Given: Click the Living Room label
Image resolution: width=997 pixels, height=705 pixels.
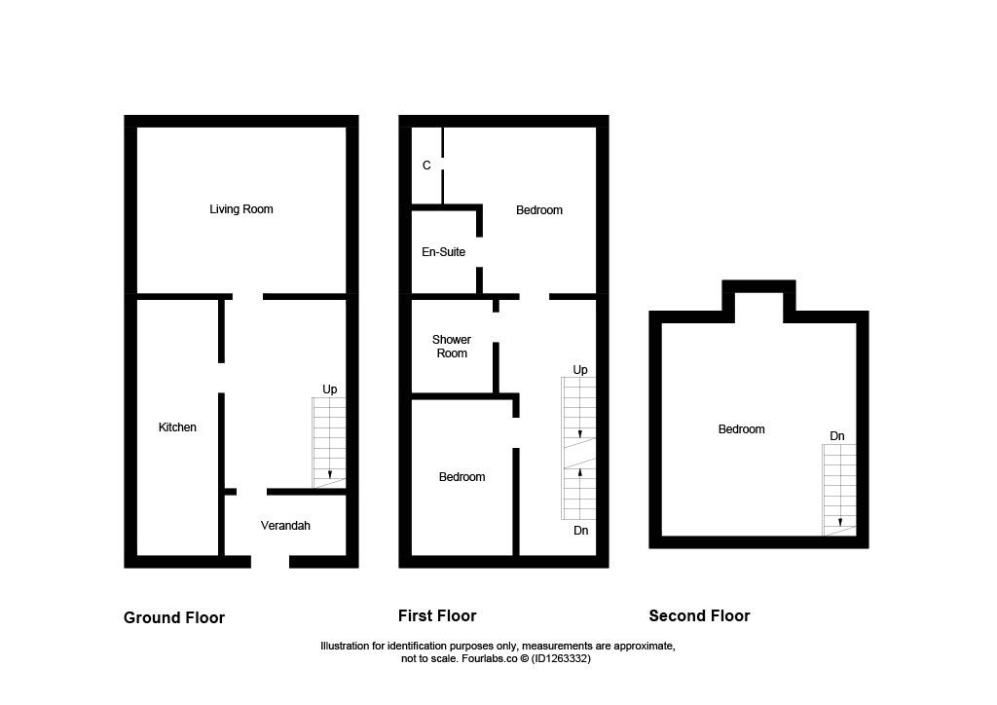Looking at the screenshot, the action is pos(241,209).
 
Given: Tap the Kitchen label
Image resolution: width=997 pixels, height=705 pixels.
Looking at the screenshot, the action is pos(177,427).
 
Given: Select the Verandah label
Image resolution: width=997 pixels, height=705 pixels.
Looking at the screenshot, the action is pos(285,526).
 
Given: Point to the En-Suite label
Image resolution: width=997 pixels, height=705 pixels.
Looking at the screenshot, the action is pos(443,252).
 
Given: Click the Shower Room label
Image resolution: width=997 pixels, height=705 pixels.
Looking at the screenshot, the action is pos(452,347).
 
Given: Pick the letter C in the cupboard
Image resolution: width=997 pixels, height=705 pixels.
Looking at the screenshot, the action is pos(426,166).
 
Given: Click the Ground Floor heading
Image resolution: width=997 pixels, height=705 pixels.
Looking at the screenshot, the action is pos(174,618).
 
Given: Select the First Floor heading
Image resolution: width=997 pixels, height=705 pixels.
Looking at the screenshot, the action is pos(437,616).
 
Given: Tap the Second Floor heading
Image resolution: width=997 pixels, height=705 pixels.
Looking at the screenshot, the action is pos(699,616).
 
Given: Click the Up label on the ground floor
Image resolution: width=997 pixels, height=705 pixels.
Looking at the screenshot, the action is pos(329,390).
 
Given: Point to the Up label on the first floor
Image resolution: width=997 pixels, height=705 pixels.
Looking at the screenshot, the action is pos(580,370).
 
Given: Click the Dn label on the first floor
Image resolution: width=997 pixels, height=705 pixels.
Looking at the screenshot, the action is pos(580,530).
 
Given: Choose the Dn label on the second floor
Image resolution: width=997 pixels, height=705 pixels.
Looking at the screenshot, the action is pos(837,436).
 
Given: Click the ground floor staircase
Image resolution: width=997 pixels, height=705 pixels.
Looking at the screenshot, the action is pos(329,443).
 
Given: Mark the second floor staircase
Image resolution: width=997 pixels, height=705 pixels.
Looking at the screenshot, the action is pos(839,490).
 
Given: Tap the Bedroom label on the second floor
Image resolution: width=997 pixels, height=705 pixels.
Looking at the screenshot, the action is pos(741,429).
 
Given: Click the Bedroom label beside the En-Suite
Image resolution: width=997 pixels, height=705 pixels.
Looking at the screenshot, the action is pos(539,210).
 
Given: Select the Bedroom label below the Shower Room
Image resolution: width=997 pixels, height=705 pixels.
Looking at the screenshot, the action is pos(462,477).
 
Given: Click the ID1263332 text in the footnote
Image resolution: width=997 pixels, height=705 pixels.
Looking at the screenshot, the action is pos(561,658).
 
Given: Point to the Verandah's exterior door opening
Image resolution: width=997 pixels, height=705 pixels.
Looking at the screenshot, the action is pos(271,561).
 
